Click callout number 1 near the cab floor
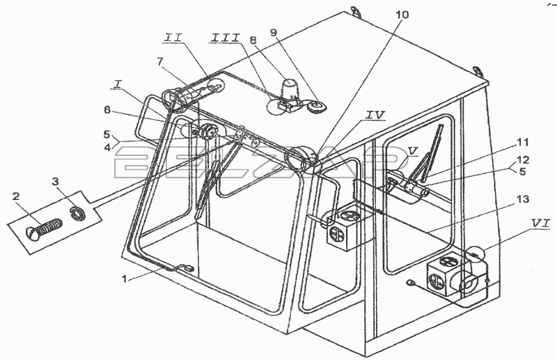125,279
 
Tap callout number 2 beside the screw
16,196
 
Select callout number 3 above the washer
55,182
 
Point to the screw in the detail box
44,228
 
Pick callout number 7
160,62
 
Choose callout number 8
253,40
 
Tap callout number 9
273,32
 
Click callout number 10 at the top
403,15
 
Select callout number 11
523,143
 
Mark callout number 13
523,199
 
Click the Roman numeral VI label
540,224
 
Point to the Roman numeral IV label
375,115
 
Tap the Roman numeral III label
226,38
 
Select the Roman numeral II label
173,38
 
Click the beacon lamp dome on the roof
291,88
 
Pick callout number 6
107,111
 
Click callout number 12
523,160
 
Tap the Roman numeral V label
412,151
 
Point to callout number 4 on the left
107,147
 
